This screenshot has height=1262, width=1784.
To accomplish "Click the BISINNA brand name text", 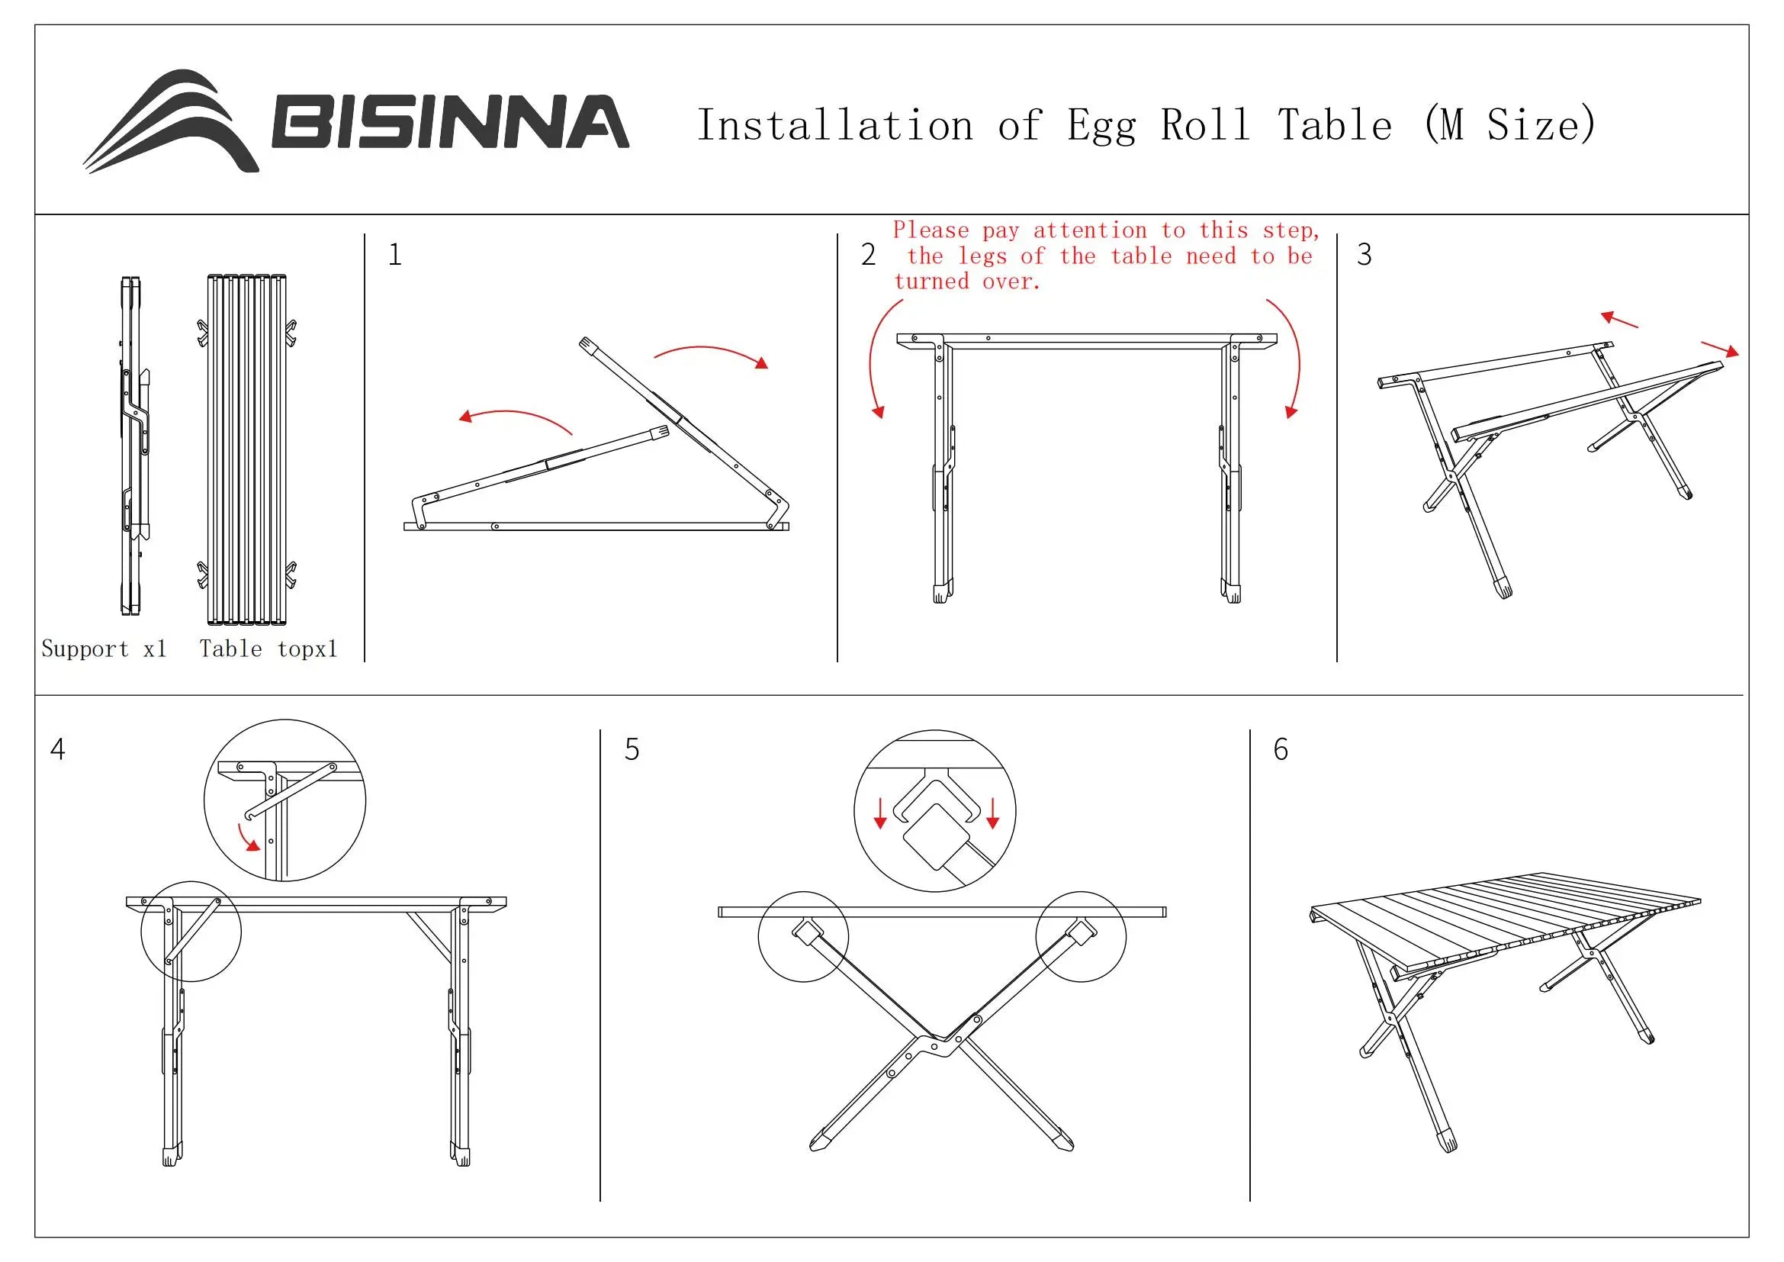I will click(449, 122).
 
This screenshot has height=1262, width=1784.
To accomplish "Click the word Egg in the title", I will click(1101, 126).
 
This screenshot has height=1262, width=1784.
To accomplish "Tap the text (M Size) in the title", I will click(1509, 124).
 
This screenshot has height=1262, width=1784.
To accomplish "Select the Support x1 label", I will click(104, 649).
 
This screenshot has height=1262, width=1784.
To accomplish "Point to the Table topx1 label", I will click(268, 649).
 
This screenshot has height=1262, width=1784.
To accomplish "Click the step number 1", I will click(395, 255).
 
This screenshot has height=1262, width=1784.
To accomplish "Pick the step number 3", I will click(1364, 255).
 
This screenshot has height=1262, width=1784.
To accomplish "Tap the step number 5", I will click(632, 750).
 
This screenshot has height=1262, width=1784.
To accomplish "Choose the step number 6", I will click(1281, 750).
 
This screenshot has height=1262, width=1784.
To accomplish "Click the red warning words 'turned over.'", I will click(966, 282).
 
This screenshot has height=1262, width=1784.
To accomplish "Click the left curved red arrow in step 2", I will click(878, 357).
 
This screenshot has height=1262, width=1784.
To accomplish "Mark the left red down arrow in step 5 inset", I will click(879, 813).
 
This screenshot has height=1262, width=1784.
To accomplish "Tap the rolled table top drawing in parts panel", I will click(247, 449).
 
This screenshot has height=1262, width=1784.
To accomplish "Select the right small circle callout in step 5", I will click(1081, 936).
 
